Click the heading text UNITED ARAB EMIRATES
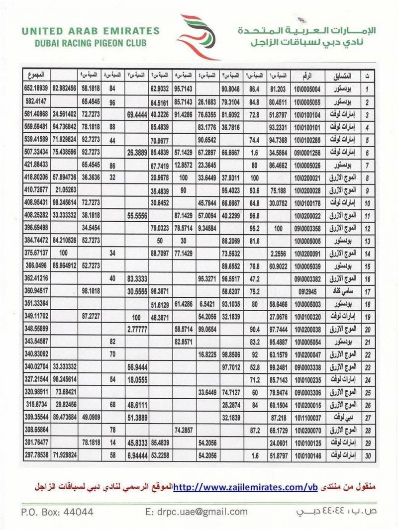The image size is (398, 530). (91, 31)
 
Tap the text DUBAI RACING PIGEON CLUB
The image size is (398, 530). (91, 43)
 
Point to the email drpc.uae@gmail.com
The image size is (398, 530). (197, 512)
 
